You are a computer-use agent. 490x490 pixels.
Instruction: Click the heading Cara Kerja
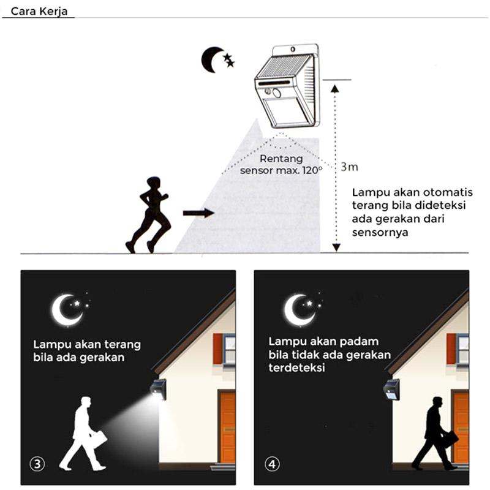[38, 11]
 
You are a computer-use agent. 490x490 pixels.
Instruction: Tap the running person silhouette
[149, 214]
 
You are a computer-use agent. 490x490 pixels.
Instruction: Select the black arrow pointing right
[198, 213]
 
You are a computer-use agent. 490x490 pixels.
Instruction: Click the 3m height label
[349, 167]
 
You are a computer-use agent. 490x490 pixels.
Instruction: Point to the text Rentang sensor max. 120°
[281, 165]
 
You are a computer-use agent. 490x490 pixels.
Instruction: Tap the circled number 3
[38, 464]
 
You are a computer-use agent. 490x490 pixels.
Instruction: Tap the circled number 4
[272, 464]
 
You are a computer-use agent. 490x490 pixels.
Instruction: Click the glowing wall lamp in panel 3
[158, 389]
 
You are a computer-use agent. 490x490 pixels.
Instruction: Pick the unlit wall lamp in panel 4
[391, 389]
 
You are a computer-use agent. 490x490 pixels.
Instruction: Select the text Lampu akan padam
[323, 341]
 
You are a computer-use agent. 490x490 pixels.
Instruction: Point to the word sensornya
[380, 233]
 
